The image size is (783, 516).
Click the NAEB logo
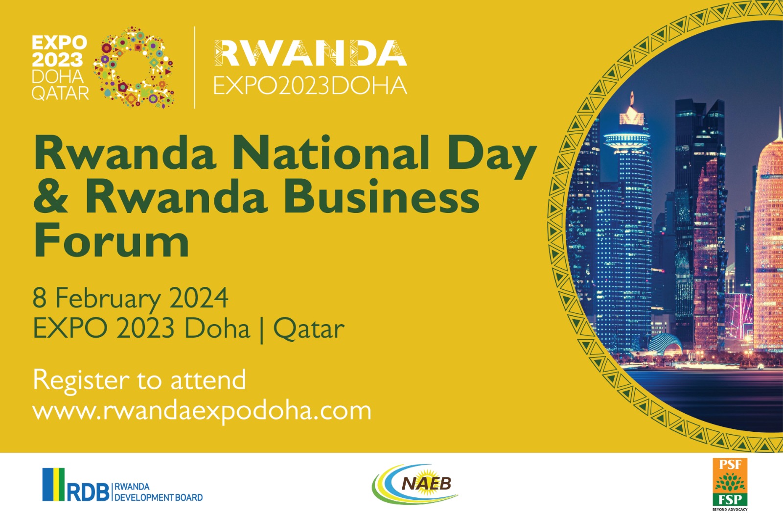pos(415,484)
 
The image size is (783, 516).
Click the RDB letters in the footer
pos(88,492)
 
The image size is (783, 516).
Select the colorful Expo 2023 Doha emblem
pos(133,67)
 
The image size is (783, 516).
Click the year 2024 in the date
pos(199,298)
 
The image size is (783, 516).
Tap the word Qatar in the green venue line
pos(309,329)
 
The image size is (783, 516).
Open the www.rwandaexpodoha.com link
pos(202,411)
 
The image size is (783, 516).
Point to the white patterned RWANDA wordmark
pos(310,53)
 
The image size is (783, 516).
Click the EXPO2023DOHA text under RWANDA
pos(310,86)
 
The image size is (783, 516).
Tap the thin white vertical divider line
pos(194,68)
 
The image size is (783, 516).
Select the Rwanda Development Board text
pos(159,492)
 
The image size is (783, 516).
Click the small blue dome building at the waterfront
pos(664,344)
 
